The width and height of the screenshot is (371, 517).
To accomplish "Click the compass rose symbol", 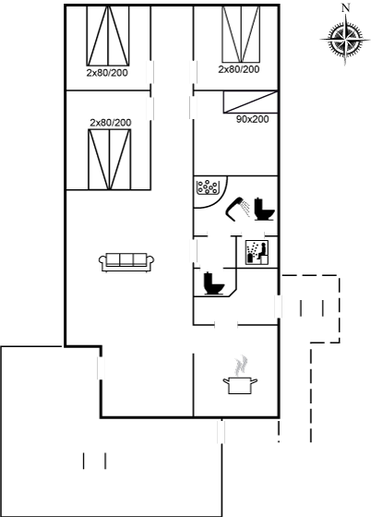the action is point(345,40).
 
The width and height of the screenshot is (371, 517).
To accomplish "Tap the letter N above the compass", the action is point(345,7).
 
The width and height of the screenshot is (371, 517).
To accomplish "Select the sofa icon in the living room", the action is point(126,262).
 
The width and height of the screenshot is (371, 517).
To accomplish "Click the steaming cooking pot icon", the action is point(240,375).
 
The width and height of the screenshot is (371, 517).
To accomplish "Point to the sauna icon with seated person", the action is point(257,252).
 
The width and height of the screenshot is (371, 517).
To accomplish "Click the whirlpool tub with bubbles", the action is point(207,187).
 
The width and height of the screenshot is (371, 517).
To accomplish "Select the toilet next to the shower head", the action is point(264,209).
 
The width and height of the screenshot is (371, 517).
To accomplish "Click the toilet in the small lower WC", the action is point(214,283).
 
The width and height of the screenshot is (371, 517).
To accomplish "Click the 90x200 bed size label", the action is point(252,119).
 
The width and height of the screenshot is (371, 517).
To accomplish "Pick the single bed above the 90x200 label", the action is point(250,102).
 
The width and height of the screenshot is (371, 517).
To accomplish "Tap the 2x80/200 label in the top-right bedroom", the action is point(239,69).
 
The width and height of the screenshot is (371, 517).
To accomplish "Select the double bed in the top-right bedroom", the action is point(241,34).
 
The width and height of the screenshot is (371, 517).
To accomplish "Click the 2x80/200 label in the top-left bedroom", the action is point(107,73).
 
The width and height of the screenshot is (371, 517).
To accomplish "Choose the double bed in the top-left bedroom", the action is point(108,35).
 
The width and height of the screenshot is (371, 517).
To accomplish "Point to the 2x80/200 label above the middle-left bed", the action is point(111,123).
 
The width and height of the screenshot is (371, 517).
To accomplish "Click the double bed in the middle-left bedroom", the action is point(110,159).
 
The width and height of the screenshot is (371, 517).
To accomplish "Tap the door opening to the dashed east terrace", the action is point(279,307).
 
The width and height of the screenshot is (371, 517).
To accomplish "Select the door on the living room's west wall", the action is point(101,368).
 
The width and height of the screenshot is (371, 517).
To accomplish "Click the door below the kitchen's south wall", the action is point(221,432).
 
